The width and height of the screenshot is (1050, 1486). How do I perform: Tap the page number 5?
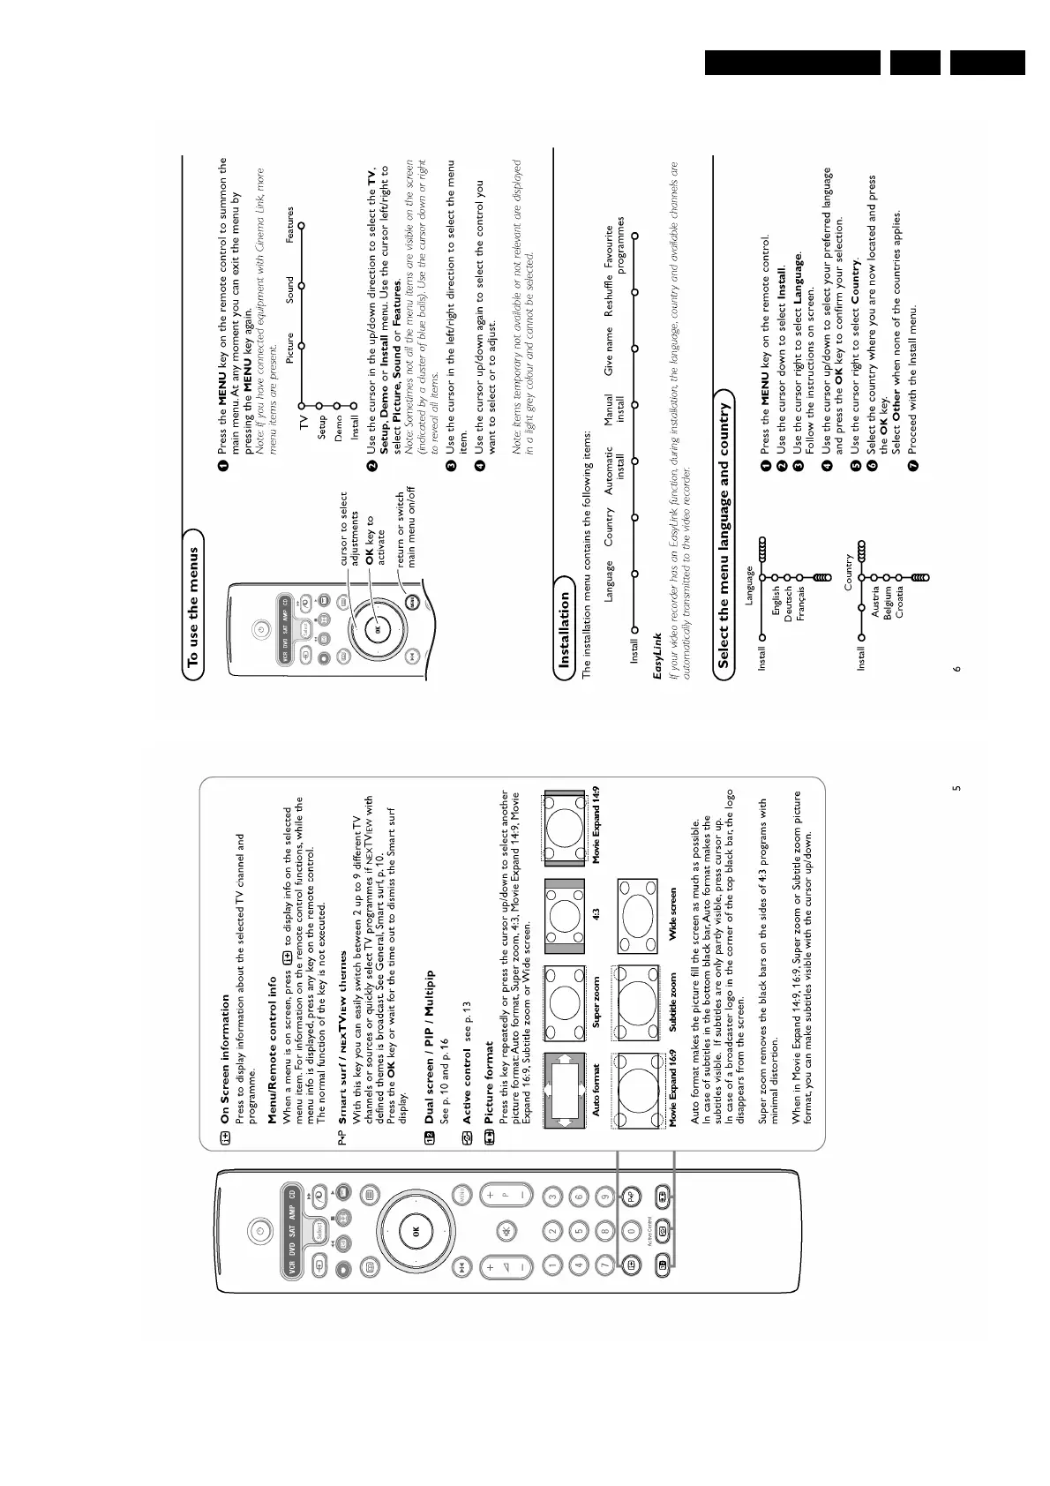pos(956,788)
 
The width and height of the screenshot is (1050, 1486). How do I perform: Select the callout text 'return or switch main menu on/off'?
pos(405,527)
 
